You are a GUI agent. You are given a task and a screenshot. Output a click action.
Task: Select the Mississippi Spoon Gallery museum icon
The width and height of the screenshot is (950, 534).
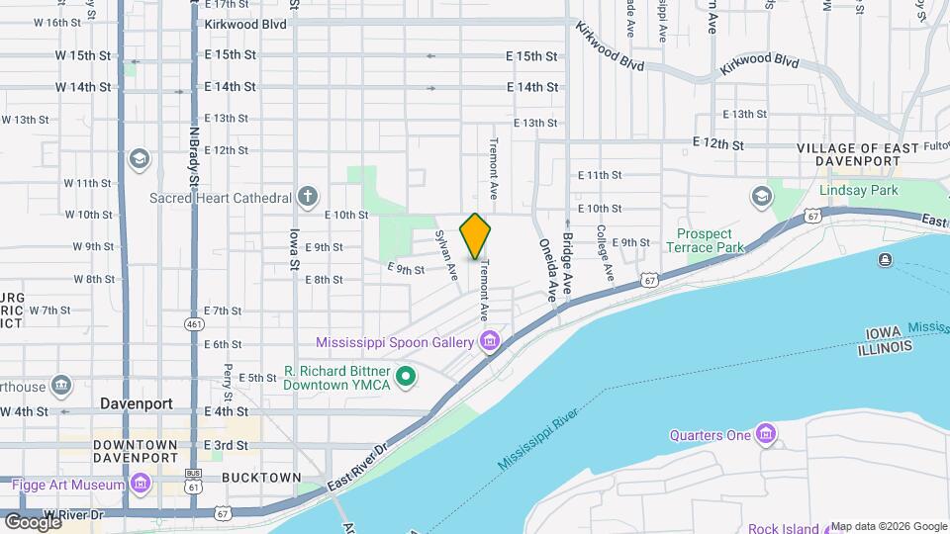click(488, 342)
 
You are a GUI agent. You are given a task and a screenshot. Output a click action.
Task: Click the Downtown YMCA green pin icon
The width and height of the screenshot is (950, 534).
click(405, 376)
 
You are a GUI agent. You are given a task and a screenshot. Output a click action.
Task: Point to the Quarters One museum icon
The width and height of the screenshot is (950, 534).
click(765, 434)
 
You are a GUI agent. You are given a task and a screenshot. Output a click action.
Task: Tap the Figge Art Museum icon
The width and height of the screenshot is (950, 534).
click(141, 484)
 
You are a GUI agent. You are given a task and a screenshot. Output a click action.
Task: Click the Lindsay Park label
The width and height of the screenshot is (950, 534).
click(857, 189)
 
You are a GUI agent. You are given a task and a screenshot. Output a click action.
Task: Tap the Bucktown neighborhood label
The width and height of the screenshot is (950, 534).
click(261, 478)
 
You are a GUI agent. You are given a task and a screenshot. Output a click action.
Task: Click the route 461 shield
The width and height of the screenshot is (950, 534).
click(194, 323)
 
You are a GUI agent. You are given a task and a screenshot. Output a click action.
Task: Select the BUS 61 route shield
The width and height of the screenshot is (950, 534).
click(194, 484)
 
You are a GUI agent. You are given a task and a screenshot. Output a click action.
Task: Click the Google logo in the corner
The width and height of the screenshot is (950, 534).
click(33, 521)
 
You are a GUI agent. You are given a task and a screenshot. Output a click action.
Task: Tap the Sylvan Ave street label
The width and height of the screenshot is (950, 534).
click(446, 254)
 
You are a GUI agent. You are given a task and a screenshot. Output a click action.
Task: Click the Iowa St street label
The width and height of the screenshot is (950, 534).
click(294, 249)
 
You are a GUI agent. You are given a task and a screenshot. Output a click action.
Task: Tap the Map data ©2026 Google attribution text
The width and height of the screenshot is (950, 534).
click(889, 526)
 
